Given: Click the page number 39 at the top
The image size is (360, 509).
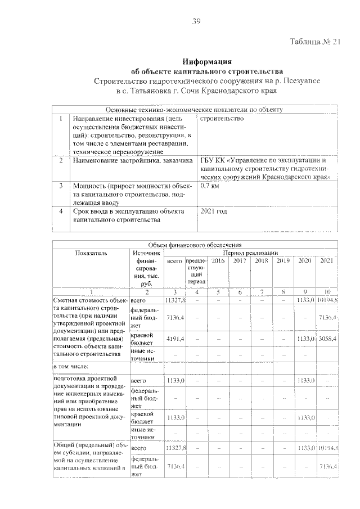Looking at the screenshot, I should (196, 21).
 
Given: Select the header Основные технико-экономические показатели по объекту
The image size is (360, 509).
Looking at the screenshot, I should (194, 110).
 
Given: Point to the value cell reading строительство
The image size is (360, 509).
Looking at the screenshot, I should (222, 119).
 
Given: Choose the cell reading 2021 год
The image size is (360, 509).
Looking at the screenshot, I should (214, 211).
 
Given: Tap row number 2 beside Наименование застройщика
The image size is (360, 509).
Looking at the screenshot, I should (60, 161).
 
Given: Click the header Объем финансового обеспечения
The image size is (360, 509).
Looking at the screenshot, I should (194, 245).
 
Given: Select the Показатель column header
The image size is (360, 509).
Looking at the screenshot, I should (91, 253).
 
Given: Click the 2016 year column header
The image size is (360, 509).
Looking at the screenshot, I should (218, 261).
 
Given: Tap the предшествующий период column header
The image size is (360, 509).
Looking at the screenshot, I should (196, 271).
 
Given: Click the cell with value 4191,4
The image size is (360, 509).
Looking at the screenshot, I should (175, 339).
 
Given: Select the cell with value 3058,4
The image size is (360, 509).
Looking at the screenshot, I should (327, 339).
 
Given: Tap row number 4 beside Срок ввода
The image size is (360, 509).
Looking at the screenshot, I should (60, 211).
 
